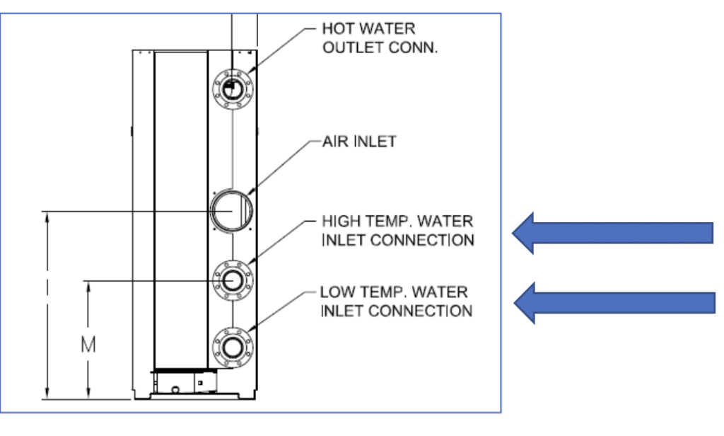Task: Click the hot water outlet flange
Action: point(232,88)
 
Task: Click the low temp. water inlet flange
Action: point(232,347)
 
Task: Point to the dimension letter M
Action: point(88,345)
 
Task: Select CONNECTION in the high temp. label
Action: point(421,240)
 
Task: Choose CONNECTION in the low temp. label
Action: point(421,311)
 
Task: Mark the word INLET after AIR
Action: point(377,142)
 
